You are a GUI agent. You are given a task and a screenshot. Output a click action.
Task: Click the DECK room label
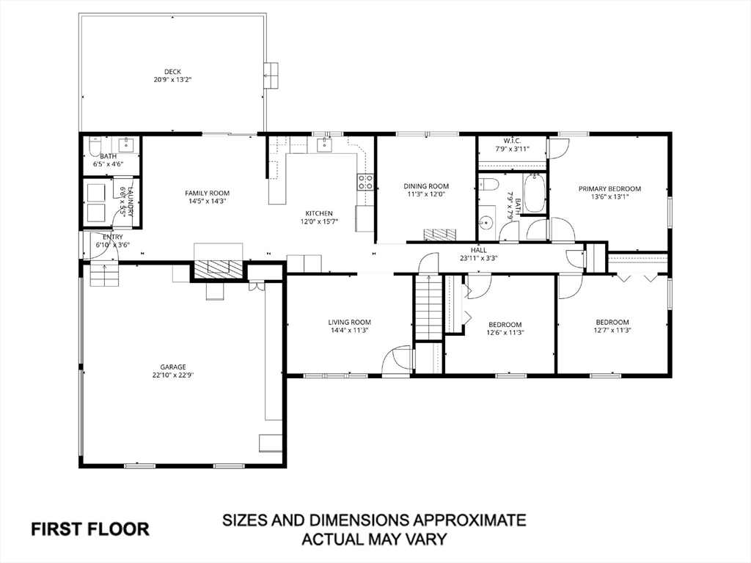tap(172, 72)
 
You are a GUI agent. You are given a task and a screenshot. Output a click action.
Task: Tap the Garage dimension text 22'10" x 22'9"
tap(173, 375)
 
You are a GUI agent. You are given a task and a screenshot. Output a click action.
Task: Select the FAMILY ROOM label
tap(208, 193)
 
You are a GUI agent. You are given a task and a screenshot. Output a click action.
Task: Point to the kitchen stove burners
tap(364, 182)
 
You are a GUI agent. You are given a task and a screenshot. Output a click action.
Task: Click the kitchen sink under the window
tap(325, 144)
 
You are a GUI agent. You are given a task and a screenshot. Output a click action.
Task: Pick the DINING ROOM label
tap(426, 186)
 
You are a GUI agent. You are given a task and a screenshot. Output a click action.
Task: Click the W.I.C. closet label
tap(512, 141)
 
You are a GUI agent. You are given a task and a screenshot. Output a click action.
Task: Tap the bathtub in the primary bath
tap(532, 194)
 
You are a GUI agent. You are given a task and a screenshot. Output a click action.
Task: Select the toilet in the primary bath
tap(488, 184)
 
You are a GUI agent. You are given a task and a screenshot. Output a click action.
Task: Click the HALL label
tap(478, 250)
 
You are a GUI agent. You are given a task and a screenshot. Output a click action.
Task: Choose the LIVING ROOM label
tap(350, 323)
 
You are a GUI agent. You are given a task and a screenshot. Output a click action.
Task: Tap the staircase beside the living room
tap(428, 308)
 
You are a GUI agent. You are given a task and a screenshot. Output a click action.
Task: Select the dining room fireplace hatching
tap(440, 234)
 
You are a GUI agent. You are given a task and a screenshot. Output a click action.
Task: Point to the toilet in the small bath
tap(95, 146)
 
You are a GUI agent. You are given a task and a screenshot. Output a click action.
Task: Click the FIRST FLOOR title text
tap(90, 529)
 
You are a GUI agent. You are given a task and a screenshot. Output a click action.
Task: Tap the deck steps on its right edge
tap(271, 76)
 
